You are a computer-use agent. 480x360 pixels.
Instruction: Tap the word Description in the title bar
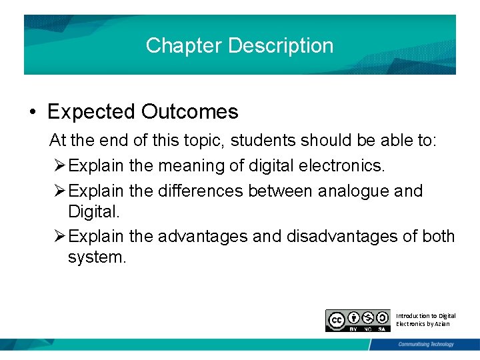(x=280, y=45)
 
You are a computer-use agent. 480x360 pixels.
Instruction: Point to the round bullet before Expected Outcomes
(x=33, y=112)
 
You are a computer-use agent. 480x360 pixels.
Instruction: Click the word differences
(x=201, y=191)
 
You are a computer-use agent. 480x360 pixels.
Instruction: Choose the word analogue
(x=354, y=191)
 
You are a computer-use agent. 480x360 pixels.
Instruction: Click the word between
(x=281, y=191)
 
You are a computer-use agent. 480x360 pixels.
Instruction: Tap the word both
(x=439, y=236)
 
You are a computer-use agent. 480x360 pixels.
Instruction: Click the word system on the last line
(x=97, y=257)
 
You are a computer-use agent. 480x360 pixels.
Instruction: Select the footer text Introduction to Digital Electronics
(x=425, y=319)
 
